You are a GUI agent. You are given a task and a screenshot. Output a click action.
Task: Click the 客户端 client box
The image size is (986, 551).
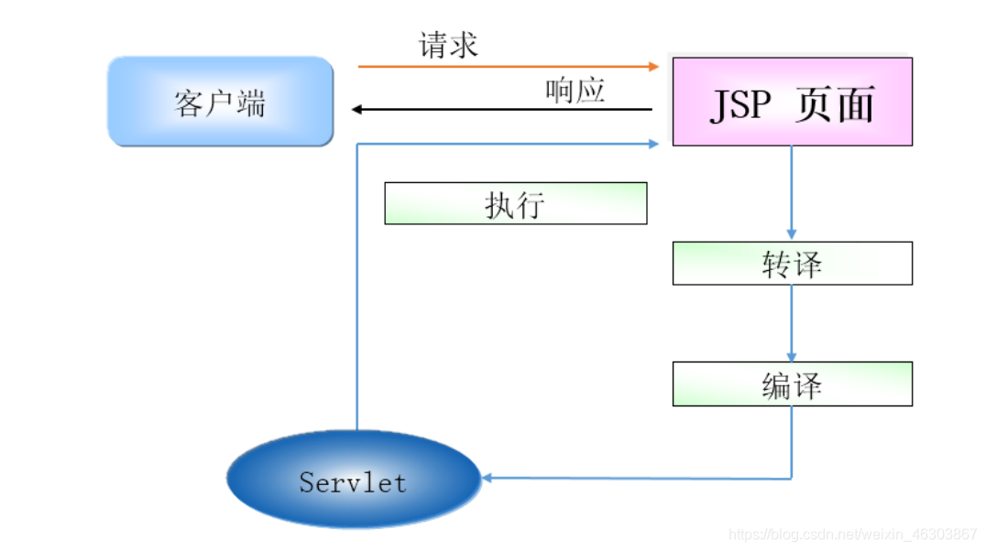point(220,102)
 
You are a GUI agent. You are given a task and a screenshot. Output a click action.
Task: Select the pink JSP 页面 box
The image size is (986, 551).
point(792,102)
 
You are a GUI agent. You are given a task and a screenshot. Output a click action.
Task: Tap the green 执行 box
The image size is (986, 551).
point(515,203)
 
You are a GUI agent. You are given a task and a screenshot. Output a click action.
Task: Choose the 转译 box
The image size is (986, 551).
point(792,264)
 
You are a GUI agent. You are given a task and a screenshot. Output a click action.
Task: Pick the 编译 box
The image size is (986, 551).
point(792,384)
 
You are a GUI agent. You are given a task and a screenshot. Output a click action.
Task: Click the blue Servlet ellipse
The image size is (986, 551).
point(353,480)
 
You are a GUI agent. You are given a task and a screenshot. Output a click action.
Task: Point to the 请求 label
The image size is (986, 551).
point(448,45)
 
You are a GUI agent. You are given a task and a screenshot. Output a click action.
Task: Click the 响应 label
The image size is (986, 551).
point(575,91)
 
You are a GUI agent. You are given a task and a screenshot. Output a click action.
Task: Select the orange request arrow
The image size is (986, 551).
point(504,67)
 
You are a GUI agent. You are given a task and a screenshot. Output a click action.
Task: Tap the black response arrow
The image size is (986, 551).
point(504,110)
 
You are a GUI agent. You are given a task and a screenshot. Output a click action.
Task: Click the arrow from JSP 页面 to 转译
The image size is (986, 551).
point(792,192)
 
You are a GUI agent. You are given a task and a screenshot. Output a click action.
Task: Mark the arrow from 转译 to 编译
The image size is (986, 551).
point(792,322)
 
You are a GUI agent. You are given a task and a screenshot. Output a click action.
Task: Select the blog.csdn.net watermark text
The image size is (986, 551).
point(852,534)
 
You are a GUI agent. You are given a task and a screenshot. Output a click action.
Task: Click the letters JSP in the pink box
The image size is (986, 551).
point(740,104)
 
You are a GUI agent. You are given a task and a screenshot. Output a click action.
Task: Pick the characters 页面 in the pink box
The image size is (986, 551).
point(835,104)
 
